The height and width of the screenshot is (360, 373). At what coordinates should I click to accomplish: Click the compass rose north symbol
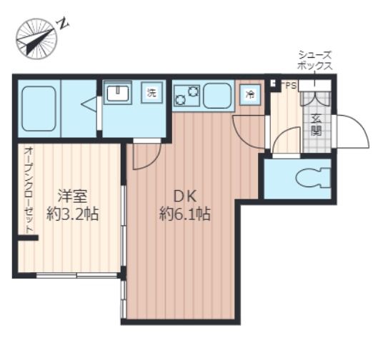click(x=36, y=39)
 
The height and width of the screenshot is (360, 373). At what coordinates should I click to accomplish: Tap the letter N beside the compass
click(x=63, y=24)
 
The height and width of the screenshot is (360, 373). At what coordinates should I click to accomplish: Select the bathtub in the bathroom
click(x=39, y=109)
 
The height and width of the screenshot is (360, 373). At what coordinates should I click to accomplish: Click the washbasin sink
click(x=118, y=93)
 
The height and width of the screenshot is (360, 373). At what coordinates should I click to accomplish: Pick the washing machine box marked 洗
click(x=151, y=92)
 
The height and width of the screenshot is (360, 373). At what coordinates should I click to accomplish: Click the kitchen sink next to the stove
click(x=217, y=96)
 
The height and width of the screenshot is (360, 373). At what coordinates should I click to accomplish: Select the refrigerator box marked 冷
click(x=250, y=95)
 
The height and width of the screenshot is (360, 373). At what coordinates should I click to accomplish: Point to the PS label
click(x=291, y=86)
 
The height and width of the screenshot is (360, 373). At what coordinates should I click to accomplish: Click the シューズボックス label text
click(x=314, y=61)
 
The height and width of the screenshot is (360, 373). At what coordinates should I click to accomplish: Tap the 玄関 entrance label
click(x=317, y=125)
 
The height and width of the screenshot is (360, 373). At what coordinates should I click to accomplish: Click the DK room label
click(x=185, y=196)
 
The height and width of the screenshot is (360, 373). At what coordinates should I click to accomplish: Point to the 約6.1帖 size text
click(x=185, y=214)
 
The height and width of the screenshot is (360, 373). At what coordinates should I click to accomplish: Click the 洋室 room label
click(x=72, y=196)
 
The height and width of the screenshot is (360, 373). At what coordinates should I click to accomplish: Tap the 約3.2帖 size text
click(x=72, y=214)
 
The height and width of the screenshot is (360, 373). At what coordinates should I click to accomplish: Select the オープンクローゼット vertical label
click(x=29, y=190)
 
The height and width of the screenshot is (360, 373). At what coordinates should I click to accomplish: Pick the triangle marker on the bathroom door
click(x=89, y=104)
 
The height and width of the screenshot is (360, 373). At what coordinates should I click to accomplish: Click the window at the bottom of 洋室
click(x=76, y=276)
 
